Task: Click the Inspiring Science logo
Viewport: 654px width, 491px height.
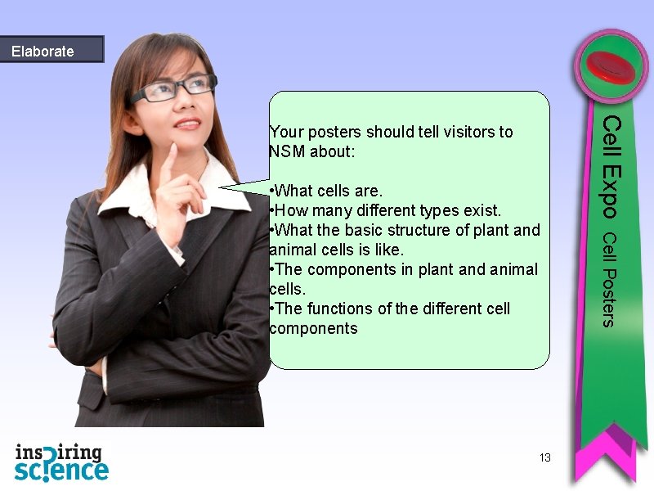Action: [61, 462]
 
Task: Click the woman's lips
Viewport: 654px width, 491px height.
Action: [187, 124]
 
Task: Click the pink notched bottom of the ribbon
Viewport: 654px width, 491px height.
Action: [609, 458]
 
